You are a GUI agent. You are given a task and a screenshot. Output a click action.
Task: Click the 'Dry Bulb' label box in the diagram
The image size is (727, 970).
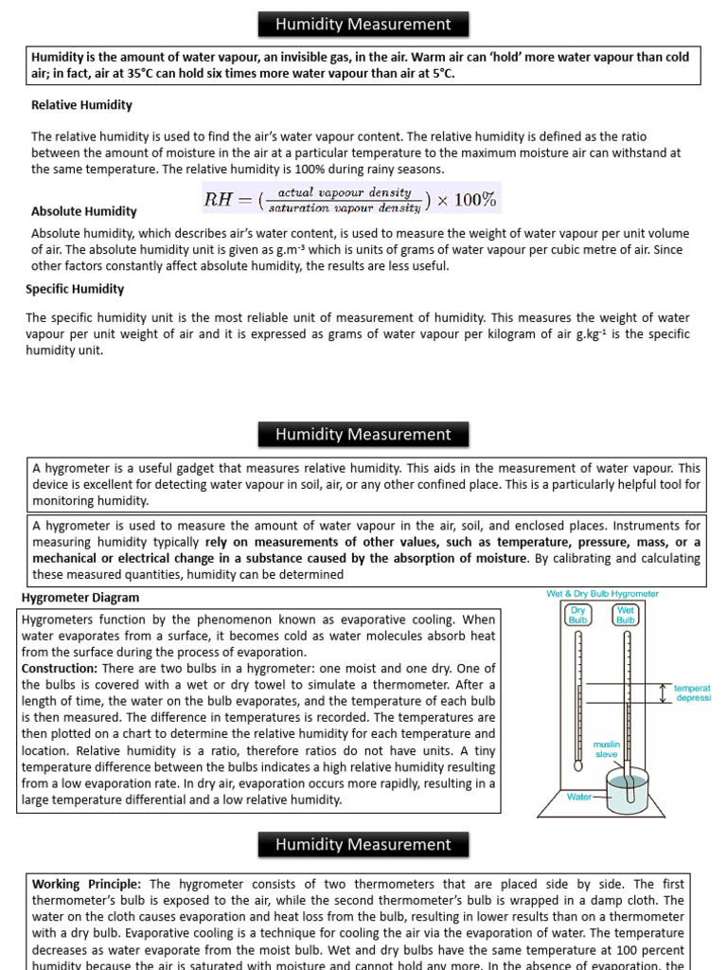(577, 615)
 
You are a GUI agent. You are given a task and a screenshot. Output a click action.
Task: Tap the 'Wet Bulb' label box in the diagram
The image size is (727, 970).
(626, 615)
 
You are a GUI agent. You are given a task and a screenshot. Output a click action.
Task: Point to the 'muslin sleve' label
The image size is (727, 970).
(606, 749)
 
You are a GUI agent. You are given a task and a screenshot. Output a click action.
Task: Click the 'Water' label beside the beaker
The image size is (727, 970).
(579, 797)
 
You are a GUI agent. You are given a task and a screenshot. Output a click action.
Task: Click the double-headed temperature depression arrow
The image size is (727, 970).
(663, 693)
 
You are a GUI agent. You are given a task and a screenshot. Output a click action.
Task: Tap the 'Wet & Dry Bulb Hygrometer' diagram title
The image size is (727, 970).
(603, 594)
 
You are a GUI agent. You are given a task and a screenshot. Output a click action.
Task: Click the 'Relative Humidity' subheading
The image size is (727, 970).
(81, 105)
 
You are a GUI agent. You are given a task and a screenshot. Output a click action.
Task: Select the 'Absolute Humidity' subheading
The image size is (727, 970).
(83, 211)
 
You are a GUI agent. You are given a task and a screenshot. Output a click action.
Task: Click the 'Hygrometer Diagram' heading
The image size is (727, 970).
(80, 598)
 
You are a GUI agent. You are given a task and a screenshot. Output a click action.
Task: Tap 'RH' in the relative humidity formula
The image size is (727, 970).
(218, 199)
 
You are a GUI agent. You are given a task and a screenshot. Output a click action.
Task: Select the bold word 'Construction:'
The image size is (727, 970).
(56, 668)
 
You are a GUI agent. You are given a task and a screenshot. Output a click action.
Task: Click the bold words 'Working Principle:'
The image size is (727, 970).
(89, 884)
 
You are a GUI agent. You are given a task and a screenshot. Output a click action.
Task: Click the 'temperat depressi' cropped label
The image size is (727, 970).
(691, 693)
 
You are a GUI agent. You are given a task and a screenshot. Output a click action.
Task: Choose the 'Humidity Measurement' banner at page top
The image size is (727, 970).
(363, 24)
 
